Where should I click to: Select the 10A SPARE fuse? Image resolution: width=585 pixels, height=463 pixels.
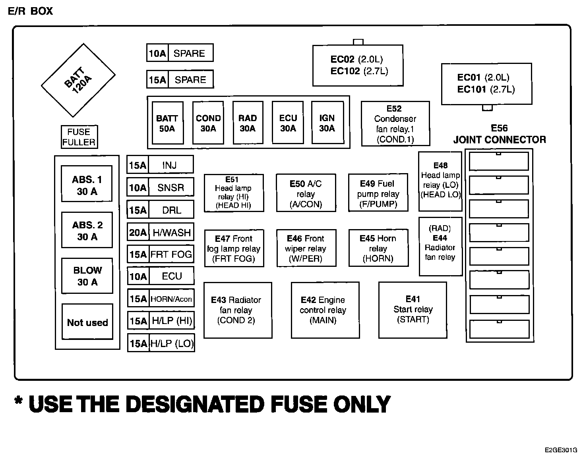pos(180,53)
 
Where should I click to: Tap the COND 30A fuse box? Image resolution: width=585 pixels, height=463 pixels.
pos(208,123)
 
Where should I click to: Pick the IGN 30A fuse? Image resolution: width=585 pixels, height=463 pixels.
pos(327,123)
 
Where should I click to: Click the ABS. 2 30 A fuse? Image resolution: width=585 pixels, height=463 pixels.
pos(87,230)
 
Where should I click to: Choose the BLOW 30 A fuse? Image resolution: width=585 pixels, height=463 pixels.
pos(87,276)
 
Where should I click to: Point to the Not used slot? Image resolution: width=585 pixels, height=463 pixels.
pos(87,322)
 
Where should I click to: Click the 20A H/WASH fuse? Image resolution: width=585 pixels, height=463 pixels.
pos(161,232)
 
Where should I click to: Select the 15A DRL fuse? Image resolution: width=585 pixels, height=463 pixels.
pos(161,210)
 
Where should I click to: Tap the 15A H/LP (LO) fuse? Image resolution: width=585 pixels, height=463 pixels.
pos(161,343)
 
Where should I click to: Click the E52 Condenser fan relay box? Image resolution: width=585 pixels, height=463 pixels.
pos(395,124)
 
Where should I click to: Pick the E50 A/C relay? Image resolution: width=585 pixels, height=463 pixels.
pos(306,193)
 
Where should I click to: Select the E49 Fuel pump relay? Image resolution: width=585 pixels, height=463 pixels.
pos(378,193)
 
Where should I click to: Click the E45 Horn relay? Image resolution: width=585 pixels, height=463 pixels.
pos(378,248)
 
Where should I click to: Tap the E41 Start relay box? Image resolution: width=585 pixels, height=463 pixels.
pos(413,310)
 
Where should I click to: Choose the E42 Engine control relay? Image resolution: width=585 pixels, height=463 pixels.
pos(325,310)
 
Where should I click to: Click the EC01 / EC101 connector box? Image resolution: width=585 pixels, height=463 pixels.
pos(486,83)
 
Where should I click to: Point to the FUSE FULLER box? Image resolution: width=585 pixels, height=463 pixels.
pos(79,137)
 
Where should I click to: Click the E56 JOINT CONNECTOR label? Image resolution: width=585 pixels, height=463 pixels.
pos(500,134)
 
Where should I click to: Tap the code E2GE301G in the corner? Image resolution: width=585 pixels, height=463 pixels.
pos(561,450)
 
